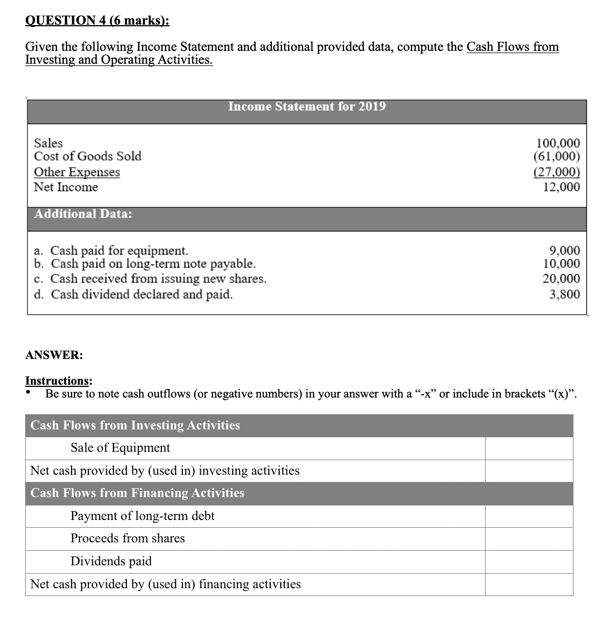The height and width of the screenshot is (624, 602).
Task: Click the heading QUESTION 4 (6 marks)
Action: pyautogui.click(x=97, y=21)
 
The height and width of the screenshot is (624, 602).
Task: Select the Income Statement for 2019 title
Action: pyautogui.click(x=307, y=106)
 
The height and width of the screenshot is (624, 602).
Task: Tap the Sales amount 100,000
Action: pyautogui.click(x=558, y=143)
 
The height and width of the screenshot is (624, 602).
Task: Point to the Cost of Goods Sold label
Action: pyautogui.click(x=88, y=157)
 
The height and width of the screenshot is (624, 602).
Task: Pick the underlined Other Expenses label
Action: pyautogui.click(x=77, y=172)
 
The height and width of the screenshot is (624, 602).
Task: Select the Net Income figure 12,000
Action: pyautogui.click(x=562, y=187)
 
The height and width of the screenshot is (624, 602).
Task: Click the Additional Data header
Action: pyautogui.click(x=83, y=214)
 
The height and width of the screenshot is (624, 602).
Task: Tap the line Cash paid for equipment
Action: pyautogui.click(x=111, y=250)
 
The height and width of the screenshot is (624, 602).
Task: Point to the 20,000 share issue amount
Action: pyautogui.click(x=562, y=278)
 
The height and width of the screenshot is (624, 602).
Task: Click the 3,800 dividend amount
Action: pyautogui.click(x=565, y=294)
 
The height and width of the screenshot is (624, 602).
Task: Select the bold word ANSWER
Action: pyautogui.click(x=54, y=355)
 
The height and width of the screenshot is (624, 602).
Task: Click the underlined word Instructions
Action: pyautogui.click(x=59, y=381)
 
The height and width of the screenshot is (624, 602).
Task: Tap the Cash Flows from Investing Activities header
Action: pyautogui.click(x=135, y=426)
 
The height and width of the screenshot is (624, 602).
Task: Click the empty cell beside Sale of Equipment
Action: pyautogui.click(x=529, y=448)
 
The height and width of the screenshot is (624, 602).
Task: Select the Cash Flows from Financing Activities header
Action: pyautogui.click(x=137, y=493)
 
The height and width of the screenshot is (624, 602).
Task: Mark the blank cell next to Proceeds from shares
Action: pyautogui.click(x=529, y=539)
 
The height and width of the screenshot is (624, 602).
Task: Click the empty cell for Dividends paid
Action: pyautogui.click(x=529, y=561)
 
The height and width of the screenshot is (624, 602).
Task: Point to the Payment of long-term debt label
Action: pyautogui.click(x=142, y=516)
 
